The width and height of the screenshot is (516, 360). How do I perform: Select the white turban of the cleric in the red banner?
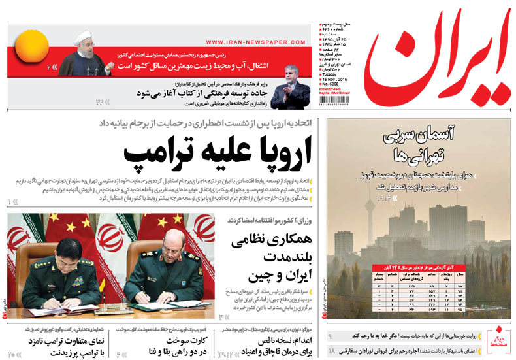[82, 37]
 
